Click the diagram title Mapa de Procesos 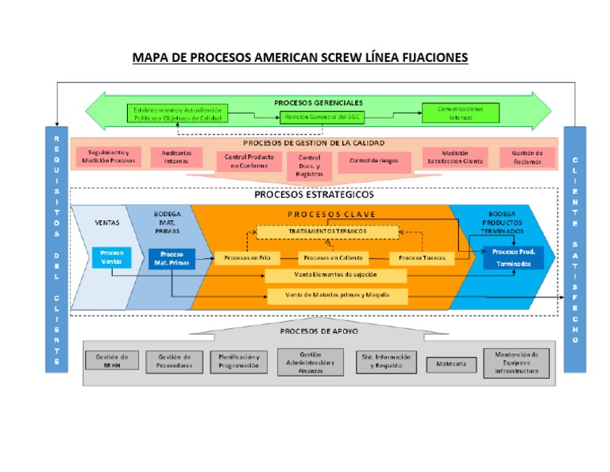[x=300, y=58]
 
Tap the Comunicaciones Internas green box [x=460, y=112]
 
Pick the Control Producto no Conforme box [x=249, y=161]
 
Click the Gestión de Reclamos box [x=527, y=157]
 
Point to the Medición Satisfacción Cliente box [x=455, y=157]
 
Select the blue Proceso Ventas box [x=112, y=257]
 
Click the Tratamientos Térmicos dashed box [x=328, y=231]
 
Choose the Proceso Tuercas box [x=422, y=257]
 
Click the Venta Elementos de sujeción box [x=336, y=276]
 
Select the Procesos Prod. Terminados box [x=513, y=257]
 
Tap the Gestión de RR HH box [x=111, y=361]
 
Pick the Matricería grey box [x=451, y=365]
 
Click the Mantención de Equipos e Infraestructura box [x=517, y=362]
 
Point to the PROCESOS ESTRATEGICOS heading [x=314, y=195]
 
